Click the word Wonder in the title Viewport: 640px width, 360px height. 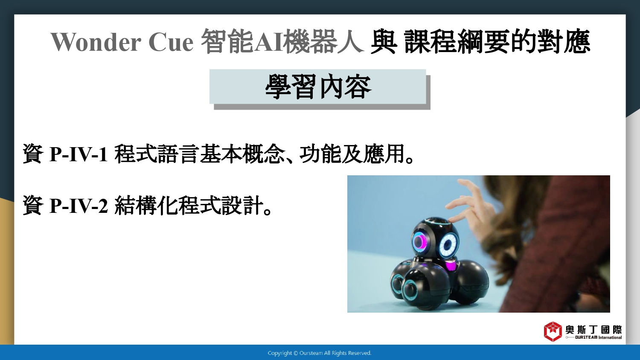96,42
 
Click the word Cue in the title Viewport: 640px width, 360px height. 171,42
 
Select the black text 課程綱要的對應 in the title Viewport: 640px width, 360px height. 497,42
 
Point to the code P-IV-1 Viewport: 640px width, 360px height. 79,154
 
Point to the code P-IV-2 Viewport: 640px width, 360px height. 79,206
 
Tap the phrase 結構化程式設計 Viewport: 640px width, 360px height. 189,205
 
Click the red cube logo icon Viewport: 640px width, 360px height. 553,331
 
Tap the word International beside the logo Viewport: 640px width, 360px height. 610,337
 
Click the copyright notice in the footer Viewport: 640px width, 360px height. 320,353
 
